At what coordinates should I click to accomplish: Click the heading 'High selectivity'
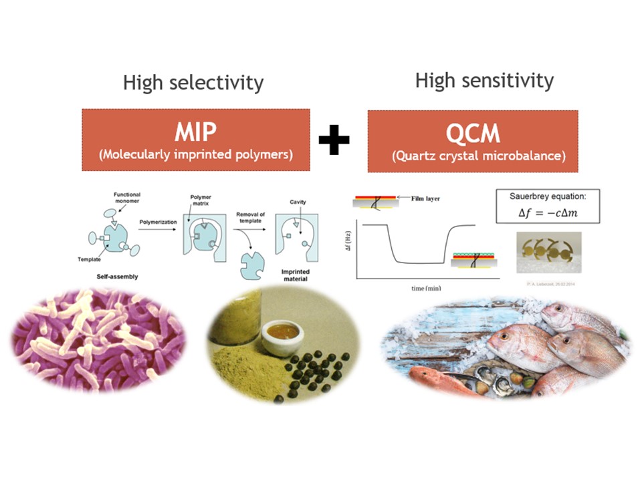click(x=193, y=83)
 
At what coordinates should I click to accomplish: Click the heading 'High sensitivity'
click(x=484, y=81)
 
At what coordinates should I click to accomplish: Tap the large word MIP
click(x=195, y=132)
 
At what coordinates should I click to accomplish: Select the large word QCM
click(x=473, y=133)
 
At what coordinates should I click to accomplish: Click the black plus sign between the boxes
click(x=334, y=140)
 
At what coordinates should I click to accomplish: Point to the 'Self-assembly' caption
click(x=114, y=276)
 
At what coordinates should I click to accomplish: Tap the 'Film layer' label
click(x=425, y=198)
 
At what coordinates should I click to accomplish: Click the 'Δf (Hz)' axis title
click(x=351, y=247)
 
